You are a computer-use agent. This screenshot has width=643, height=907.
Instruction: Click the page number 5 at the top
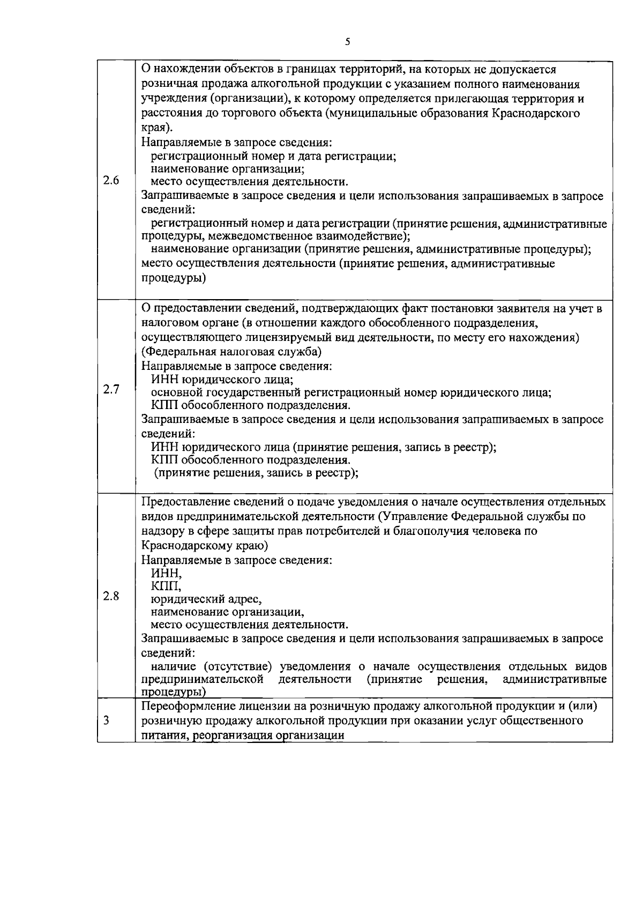tap(348, 42)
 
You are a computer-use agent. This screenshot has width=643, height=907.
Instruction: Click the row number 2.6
tap(110, 180)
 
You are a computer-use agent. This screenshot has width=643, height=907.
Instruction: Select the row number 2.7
tap(110, 389)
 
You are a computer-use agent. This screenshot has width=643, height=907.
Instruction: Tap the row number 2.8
tap(110, 596)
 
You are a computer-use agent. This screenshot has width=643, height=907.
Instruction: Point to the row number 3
tap(107, 720)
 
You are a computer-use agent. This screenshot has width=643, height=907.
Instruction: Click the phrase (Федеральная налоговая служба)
tap(231, 352)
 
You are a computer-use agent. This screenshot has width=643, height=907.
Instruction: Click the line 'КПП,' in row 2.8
tap(166, 586)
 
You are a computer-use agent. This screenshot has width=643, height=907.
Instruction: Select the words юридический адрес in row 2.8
tap(206, 599)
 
